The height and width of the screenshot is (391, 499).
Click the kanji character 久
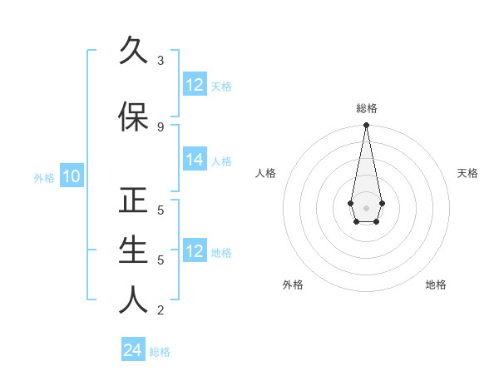pyautogui.click(x=134, y=50)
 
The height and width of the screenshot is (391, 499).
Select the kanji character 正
pyautogui.click(x=134, y=202)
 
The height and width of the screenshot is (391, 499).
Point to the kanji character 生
pyautogui.click(x=134, y=250)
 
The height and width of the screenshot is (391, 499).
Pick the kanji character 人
pyautogui.click(x=134, y=299)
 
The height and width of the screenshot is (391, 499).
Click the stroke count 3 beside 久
pyautogui.click(x=161, y=61)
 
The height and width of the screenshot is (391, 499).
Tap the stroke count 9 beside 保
pyautogui.click(x=161, y=127)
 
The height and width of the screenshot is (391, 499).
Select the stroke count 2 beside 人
pyautogui.click(x=161, y=310)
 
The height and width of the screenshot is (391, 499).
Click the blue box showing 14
pyautogui.click(x=195, y=160)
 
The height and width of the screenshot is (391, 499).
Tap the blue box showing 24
pyautogui.click(x=133, y=350)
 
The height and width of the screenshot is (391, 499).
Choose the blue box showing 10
pyautogui.click(x=72, y=176)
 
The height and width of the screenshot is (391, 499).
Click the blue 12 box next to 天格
pyautogui.click(x=195, y=85)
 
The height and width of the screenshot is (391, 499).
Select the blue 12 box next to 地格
pyautogui.click(x=195, y=251)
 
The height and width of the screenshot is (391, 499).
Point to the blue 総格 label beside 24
pyautogui.click(x=160, y=352)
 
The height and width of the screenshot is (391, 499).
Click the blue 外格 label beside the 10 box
pyautogui.click(x=44, y=177)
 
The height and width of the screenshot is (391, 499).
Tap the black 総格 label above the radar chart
pyautogui.click(x=366, y=108)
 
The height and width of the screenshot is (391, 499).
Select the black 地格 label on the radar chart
pyautogui.click(x=436, y=285)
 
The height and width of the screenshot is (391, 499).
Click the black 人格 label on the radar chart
pyautogui.click(x=265, y=173)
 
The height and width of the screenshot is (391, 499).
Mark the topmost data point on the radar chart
pyautogui.click(x=366, y=126)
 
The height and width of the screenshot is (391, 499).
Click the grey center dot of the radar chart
pyautogui.click(x=366, y=207)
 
